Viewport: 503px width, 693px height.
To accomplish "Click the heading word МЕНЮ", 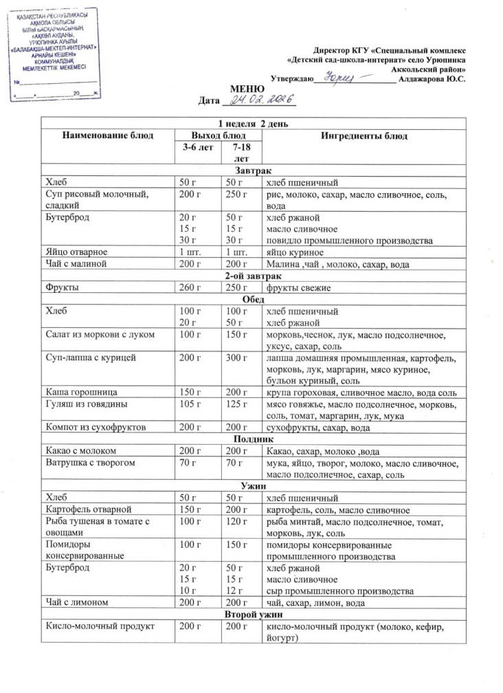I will tap(245, 89).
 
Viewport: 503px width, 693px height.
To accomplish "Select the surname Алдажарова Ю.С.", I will tap(432, 80).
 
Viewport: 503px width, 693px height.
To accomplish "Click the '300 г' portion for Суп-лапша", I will tap(236, 358).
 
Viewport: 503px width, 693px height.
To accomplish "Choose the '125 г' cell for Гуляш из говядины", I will tap(236, 404).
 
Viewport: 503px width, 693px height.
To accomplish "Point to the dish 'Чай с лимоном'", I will tap(76, 603).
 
